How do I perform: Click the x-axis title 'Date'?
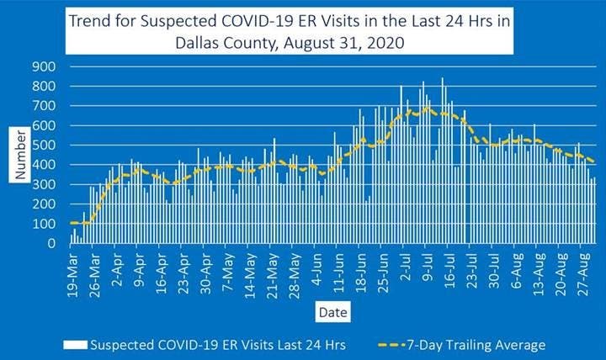pos(328,313)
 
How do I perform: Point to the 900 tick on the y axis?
pos(45,66)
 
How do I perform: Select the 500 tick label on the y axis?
pos(45,146)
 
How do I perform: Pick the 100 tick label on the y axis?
pos(45,225)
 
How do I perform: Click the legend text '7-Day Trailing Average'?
pos(476,345)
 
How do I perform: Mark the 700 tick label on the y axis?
pos(45,106)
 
